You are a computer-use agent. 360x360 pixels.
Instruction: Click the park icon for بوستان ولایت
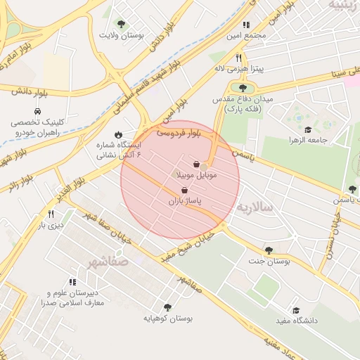click(x=121, y=24)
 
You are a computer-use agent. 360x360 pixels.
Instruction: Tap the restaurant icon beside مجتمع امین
click(x=246, y=25)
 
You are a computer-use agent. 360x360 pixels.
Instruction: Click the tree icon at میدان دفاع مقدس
click(x=243, y=88)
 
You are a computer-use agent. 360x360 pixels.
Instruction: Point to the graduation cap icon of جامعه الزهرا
click(x=307, y=129)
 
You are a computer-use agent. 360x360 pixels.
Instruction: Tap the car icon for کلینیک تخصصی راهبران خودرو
click(x=37, y=111)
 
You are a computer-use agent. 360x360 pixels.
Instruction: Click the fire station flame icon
click(x=118, y=134)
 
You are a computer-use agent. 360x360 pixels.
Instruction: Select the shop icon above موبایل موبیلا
click(x=196, y=164)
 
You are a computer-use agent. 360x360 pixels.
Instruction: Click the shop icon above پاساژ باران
click(x=184, y=191)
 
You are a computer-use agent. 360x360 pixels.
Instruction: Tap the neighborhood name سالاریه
click(x=253, y=207)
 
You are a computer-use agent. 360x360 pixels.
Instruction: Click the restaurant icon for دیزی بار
click(x=51, y=214)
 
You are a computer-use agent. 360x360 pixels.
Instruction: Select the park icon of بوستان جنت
click(x=269, y=250)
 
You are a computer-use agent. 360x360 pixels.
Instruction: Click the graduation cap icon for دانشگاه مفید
click(x=296, y=310)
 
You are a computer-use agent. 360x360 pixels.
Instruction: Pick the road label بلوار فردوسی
click(x=179, y=131)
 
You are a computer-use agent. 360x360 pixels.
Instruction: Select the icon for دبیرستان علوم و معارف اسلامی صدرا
click(x=72, y=282)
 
